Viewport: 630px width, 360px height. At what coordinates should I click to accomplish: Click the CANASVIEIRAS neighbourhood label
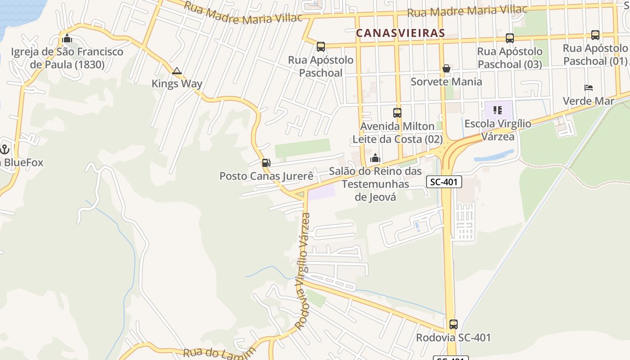point(400,33)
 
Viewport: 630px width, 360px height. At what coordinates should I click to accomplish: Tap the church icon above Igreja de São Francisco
point(67,38)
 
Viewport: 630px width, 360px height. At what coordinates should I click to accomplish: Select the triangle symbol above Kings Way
point(177,71)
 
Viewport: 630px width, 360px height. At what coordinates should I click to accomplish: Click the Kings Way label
point(177,84)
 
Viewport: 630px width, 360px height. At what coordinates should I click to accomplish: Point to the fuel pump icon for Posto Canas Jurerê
point(266,162)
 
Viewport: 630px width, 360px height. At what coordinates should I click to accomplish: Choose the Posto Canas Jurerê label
point(266,176)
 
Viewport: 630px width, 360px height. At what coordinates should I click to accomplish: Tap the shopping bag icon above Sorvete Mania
point(446,68)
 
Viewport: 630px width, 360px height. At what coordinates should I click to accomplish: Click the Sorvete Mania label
point(446,82)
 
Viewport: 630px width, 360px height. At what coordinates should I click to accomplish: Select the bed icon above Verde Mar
point(589,87)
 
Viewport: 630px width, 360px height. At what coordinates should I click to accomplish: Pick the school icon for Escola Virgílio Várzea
point(498,110)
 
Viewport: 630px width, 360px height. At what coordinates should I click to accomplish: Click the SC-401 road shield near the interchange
point(444,182)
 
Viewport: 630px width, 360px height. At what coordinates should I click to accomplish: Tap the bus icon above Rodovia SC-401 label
point(454,324)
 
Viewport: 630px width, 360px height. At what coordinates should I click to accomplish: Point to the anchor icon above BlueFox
point(5,149)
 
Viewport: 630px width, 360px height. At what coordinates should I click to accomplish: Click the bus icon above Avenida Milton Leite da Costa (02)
point(397,112)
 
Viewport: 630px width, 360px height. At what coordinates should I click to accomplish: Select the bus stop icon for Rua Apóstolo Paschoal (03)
point(510,38)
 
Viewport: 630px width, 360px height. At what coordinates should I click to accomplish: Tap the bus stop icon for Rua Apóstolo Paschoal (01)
point(595,35)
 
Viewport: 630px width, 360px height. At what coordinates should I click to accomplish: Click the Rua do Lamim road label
point(220,352)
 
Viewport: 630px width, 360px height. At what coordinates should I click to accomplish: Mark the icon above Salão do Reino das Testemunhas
point(375,158)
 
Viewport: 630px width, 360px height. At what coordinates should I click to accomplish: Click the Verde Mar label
point(589,101)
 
